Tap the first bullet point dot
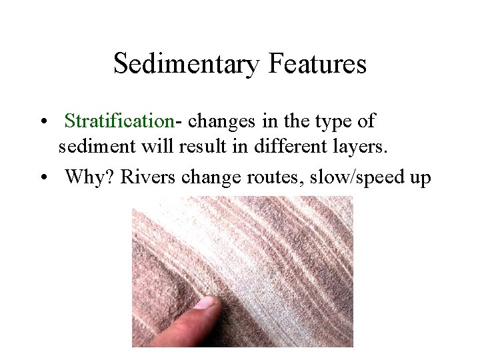tap(42, 123)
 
